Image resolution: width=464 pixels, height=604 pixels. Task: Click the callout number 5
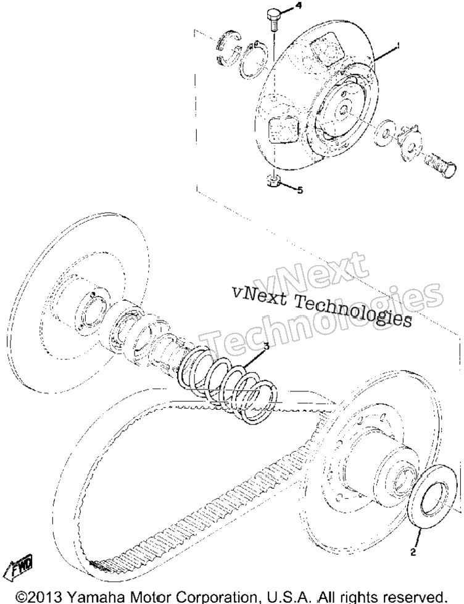click(x=300, y=190)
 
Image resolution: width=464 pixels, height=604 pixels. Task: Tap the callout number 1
click(x=397, y=46)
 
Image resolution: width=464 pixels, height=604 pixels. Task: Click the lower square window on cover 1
click(x=283, y=131)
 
